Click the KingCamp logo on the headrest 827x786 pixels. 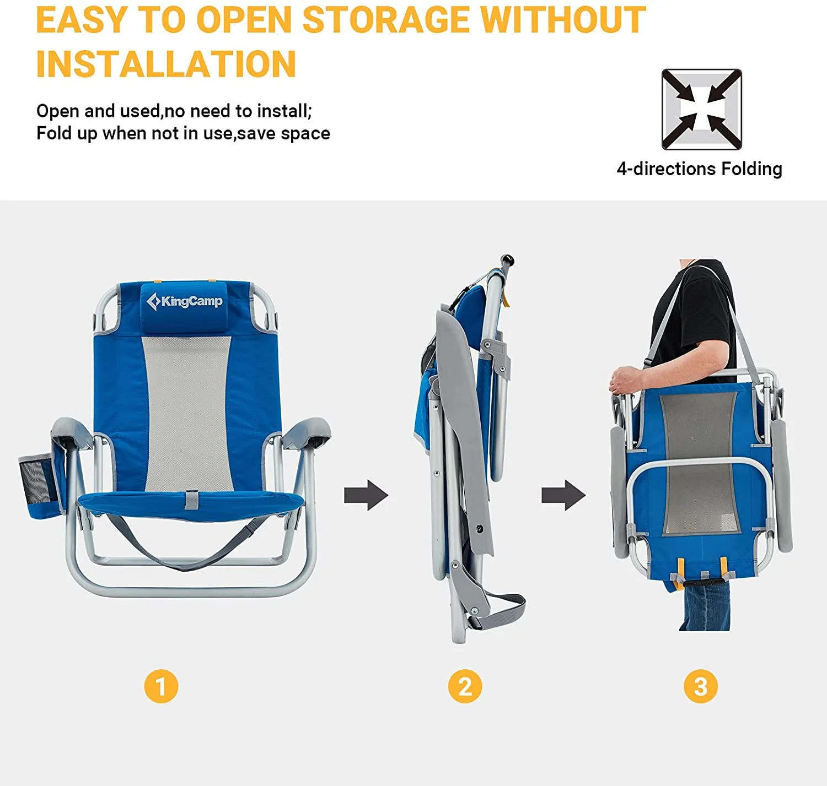[185, 301]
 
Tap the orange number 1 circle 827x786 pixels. [161, 686]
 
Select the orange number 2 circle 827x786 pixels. [465, 686]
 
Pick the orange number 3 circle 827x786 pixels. [700, 686]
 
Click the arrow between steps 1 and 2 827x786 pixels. [366, 495]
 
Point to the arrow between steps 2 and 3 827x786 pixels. [563, 495]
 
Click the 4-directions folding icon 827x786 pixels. [701, 109]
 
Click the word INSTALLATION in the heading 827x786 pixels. [166, 64]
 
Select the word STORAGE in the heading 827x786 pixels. [385, 20]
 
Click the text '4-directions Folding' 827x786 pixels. [699, 169]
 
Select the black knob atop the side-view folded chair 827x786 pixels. [507, 259]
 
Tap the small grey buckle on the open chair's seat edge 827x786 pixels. [191, 499]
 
